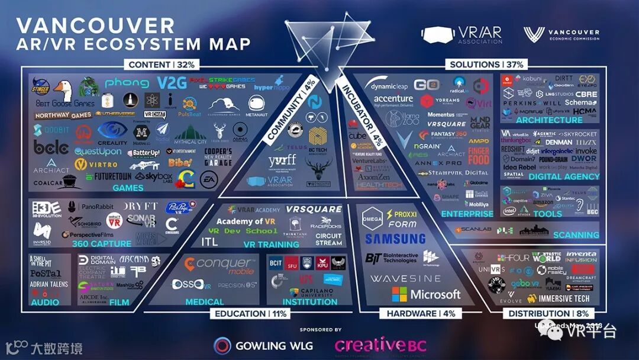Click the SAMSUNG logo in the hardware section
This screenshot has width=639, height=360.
click(395, 239)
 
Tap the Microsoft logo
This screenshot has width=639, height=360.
click(426, 294)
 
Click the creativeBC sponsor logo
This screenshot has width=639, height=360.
click(380, 345)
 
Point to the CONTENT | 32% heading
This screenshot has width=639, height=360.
click(162, 65)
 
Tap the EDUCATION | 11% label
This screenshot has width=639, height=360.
click(250, 314)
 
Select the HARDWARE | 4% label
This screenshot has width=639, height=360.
click(418, 314)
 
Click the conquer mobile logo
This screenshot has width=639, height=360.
click(217, 264)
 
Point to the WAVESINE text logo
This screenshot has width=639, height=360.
click(405, 278)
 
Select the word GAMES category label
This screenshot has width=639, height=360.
click(128, 188)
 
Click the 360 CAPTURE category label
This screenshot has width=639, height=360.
click(102, 243)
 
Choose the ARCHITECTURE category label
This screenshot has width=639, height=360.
click(549, 120)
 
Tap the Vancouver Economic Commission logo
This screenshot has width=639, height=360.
click(561, 34)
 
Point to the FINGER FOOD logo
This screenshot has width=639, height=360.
click(479, 156)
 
